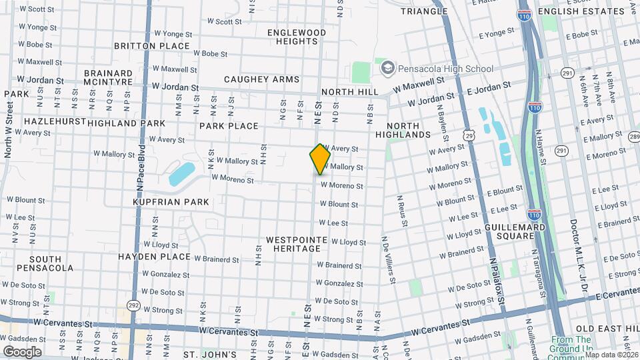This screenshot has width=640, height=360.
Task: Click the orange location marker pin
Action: [x=320, y=159]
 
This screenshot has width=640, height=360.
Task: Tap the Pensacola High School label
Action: [x=445, y=69]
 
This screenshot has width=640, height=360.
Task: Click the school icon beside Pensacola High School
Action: [x=386, y=68]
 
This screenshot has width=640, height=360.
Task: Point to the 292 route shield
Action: [x=133, y=306]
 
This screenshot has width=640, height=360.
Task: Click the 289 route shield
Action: [x=633, y=137]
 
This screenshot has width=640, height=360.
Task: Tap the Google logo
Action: [x=21, y=351]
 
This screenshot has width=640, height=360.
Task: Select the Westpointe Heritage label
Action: [x=296, y=243]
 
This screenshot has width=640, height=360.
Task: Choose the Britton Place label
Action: [x=152, y=46]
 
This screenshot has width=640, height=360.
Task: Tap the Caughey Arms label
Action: [x=262, y=79]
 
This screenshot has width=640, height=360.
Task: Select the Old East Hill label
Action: [x=607, y=329]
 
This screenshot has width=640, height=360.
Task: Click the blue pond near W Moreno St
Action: [x=182, y=173]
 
